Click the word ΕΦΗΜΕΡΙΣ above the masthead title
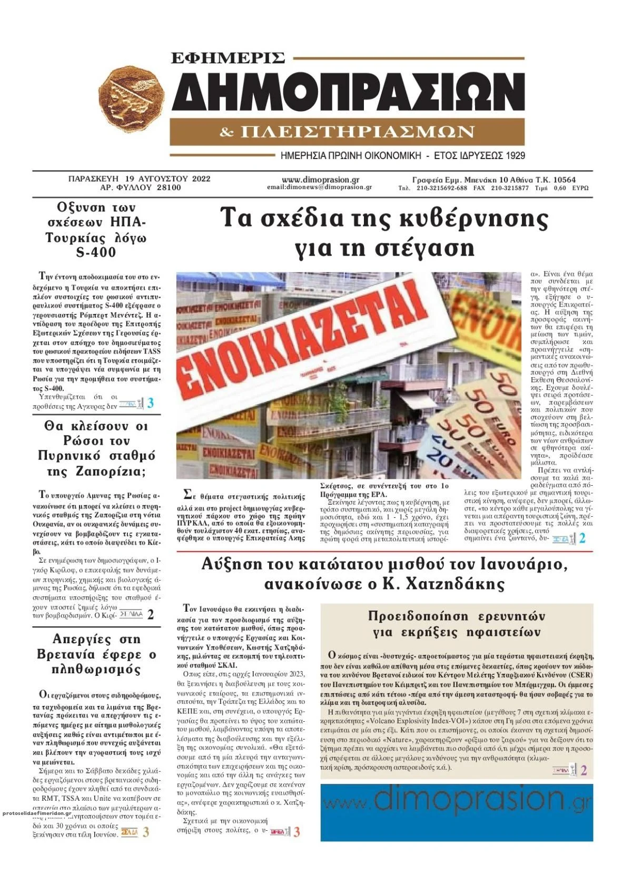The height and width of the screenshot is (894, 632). coord(228,57)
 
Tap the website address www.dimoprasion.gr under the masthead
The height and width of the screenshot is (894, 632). coord(320,179)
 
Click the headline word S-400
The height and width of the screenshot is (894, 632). coord(96,252)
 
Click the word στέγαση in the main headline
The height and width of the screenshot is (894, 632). coord(428,247)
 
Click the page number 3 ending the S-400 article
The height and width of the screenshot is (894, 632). coord(151,404)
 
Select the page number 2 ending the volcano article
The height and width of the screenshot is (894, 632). coord(583,771)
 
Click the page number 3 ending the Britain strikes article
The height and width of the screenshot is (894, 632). coord(146,832)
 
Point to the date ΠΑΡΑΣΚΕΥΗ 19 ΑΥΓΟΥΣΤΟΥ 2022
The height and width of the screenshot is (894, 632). coord(140,179)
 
